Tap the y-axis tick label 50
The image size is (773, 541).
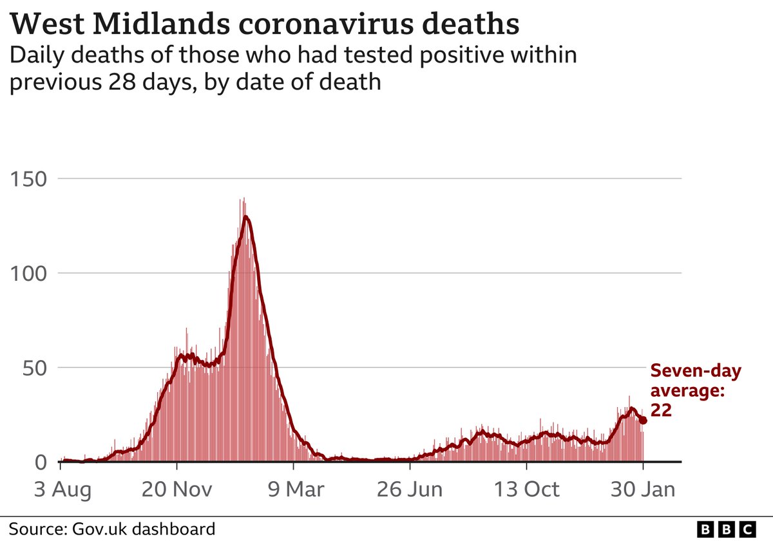click(x=33, y=368)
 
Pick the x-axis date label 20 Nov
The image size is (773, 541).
click(x=177, y=490)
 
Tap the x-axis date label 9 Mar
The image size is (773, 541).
click(x=294, y=490)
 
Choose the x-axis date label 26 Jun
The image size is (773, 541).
click(x=410, y=490)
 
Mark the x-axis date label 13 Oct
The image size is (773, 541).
click(x=526, y=490)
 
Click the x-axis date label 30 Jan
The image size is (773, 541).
click(x=642, y=490)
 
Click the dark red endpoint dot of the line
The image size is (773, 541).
click(x=643, y=421)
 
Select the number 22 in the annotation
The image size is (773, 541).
click(x=662, y=411)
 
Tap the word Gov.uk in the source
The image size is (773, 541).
click(x=96, y=529)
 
